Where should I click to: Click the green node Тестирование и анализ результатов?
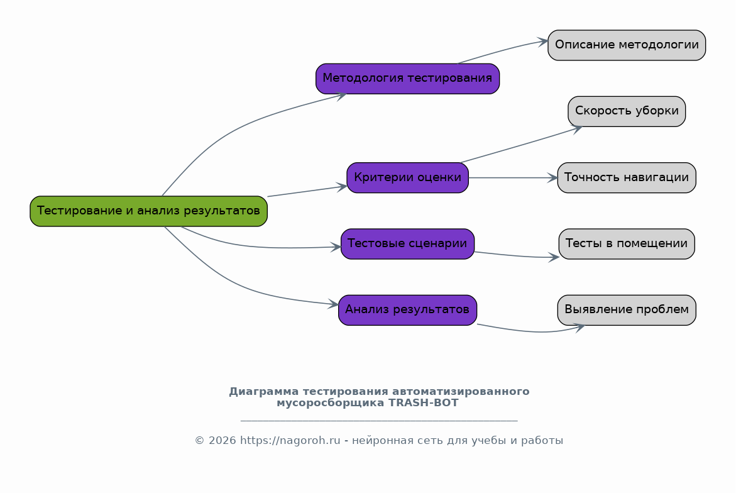pyautogui.click(x=148, y=211)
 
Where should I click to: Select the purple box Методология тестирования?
pyautogui.click(x=407, y=79)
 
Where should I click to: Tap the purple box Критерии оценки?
pyautogui.click(x=407, y=177)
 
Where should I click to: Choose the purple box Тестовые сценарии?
pyautogui.click(x=407, y=243)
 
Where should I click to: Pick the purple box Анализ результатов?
pyautogui.click(x=407, y=309)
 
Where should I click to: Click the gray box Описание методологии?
pyautogui.click(x=627, y=45)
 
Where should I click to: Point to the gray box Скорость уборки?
pyautogui.click(x=627, y=111)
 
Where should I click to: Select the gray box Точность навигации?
pyautogui.click(x=627, y=177)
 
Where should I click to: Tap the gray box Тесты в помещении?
pyautogui.click(x=627, y=243)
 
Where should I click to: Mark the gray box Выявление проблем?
pyautogui.click(x=627, y=309)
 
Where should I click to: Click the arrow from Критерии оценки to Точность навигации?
pyautogui.click(x=512, y=178)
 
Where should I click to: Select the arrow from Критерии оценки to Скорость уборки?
pyautogui.click(x=522, y=145)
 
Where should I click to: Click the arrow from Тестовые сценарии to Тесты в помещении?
pyautogui.click(x=515, y=256)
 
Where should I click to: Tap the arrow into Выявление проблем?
pyautogui.click(x=534, y=331)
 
